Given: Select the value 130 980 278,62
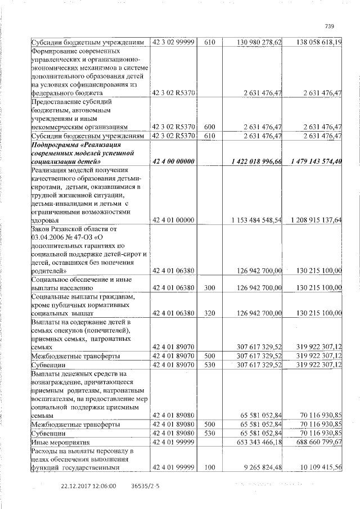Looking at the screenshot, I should click(x=251, y=42).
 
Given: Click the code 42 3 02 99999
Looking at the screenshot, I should click(x=174, y=42).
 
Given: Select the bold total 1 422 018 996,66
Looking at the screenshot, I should click(x=251, y=161).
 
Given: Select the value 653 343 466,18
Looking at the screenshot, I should click(x=251, y=443).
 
